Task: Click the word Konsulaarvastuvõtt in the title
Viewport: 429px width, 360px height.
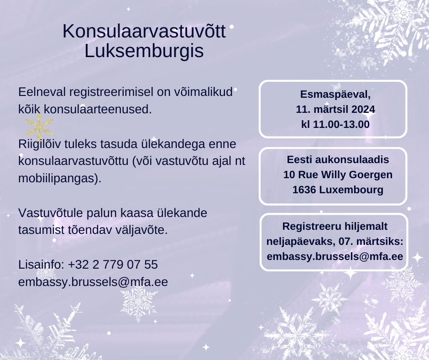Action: (144, 31)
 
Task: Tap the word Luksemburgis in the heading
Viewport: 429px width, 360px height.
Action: (144, 51)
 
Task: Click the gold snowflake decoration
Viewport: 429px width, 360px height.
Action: (39, 127)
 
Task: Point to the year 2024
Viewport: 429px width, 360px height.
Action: (363, 109)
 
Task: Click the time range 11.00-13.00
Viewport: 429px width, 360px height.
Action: (341, 124)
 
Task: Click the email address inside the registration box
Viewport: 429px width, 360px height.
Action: (335, 256)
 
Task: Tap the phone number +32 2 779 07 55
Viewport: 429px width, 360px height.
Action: (113, 265)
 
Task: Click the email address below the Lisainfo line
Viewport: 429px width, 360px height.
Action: (93, 282)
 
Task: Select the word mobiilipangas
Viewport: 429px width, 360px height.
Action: (58, 178)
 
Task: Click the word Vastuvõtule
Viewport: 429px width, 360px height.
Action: (51, 213)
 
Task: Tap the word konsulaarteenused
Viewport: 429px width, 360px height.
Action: (98, 109)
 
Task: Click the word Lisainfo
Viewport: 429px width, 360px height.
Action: (41, 265)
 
